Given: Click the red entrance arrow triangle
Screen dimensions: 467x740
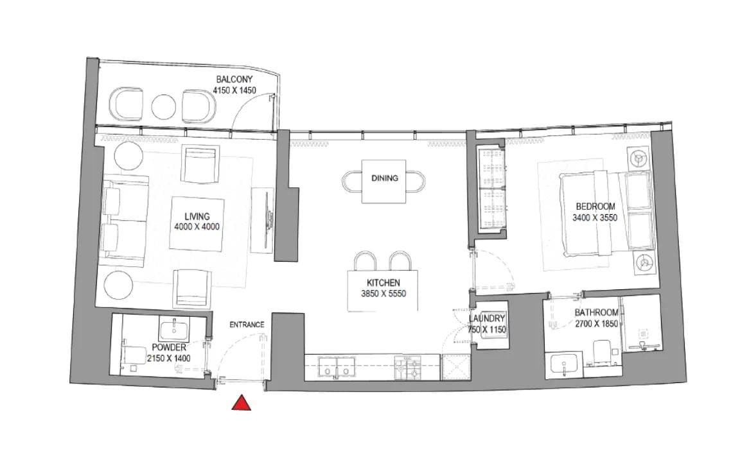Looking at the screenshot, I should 241,402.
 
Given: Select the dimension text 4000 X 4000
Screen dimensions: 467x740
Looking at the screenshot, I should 197,227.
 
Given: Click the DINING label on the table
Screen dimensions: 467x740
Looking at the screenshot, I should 384,178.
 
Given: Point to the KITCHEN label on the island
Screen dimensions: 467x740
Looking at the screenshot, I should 383,283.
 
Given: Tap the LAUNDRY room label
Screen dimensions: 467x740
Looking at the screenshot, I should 487,319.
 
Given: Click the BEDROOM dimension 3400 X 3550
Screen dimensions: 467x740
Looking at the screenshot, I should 595,217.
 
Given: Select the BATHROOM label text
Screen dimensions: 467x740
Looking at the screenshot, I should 597,313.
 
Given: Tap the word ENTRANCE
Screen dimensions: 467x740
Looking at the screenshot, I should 247,325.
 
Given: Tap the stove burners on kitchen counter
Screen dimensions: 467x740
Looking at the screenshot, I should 409,369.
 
